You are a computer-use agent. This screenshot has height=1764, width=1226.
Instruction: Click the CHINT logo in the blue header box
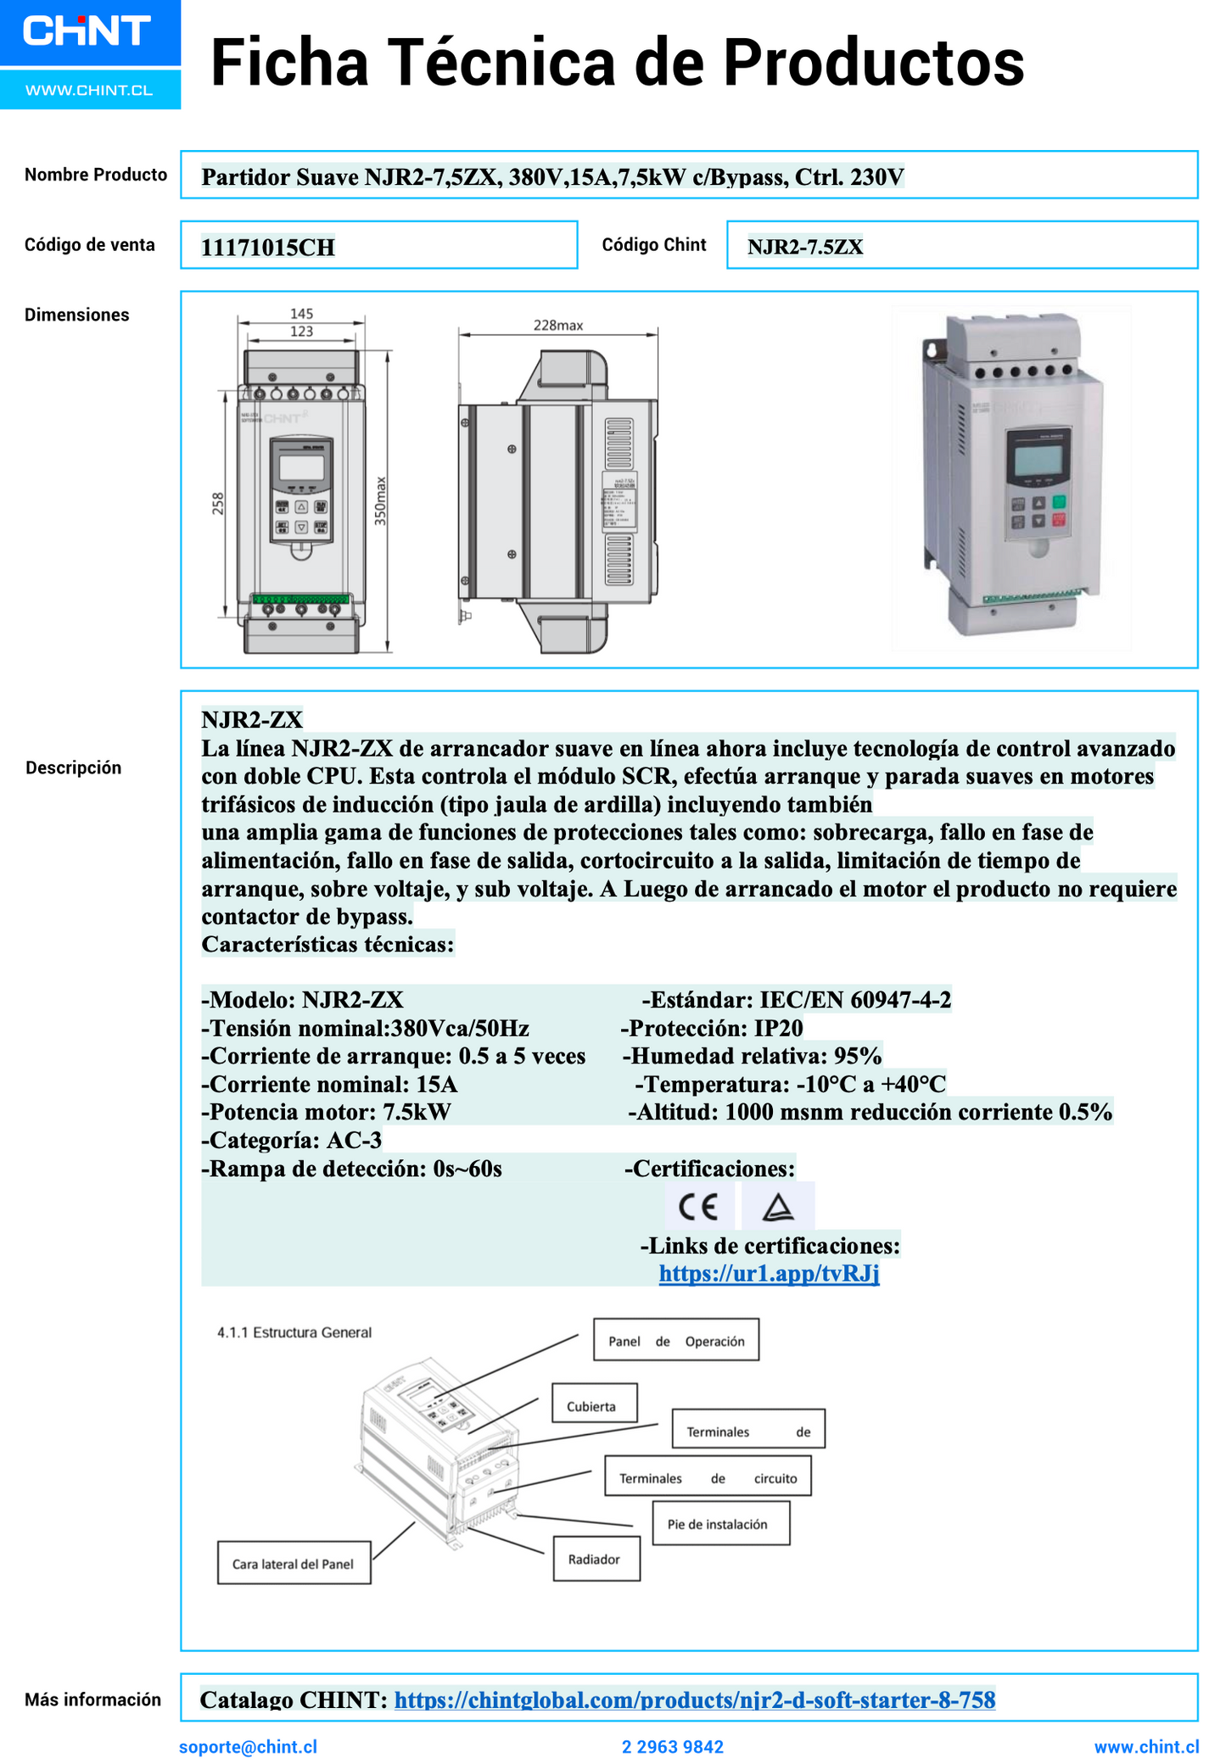tap(87, 31)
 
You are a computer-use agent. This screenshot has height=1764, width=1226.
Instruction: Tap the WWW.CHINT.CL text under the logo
tap(89, 90)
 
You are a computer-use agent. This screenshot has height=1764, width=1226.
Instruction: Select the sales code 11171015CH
tap(268, 248)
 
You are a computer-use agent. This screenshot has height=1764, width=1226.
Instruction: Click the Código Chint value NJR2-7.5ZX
tap(805, 247)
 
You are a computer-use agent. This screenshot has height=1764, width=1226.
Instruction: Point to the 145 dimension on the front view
tap(301, 314)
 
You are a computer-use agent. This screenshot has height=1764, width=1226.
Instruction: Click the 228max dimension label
tap(557, 326)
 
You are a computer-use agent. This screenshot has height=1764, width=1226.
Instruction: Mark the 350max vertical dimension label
tap(381, 500)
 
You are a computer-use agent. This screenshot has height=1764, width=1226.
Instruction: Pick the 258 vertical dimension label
tap(218, 504)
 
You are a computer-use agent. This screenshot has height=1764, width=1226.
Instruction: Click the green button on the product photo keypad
tap(1059, 501)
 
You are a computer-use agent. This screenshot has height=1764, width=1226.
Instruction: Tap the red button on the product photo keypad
tap(1059, 520)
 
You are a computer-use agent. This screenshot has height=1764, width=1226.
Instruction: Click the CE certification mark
tap(699, 1206)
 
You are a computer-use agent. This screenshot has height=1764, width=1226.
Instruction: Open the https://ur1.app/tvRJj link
tap(769, 1274)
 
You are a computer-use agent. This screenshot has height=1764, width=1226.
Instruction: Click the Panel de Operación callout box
tap(675, 1341)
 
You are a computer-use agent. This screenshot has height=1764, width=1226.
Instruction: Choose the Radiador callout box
tap(596, 1560)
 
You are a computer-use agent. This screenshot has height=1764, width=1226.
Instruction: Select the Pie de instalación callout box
tap(720, 1524)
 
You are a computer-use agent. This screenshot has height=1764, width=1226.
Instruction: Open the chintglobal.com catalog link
tap(694, 1700)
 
